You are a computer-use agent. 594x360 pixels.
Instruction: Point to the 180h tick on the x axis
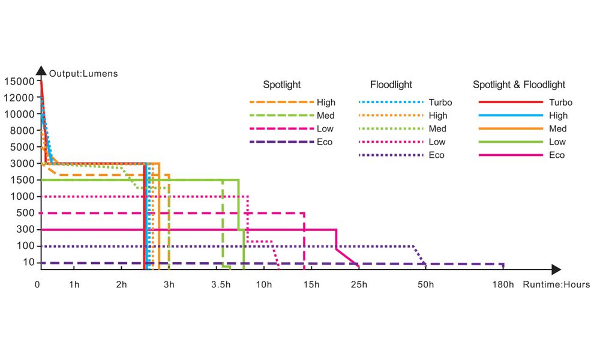(503, 284)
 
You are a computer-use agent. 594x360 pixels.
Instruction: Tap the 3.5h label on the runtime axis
(221, 284)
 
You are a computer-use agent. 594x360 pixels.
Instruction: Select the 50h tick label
(425, 284)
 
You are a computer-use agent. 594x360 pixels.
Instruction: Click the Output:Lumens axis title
(84, 74)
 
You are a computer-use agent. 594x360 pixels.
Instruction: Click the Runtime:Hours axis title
(556, 284)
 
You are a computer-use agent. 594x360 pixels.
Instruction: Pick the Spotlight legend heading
(281, 85)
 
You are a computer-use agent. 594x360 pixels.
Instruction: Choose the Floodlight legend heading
(391, 85)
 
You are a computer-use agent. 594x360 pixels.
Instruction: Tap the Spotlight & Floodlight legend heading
(519, 85)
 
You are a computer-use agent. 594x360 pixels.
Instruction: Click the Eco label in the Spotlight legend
(325, 142)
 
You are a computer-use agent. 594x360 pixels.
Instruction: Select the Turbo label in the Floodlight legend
(440, 103)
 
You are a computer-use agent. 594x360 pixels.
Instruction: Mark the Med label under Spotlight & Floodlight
(557, 129)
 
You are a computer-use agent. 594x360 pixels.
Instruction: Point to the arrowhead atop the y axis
(41, 71)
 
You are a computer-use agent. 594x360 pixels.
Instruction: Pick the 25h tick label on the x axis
(359, 284)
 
